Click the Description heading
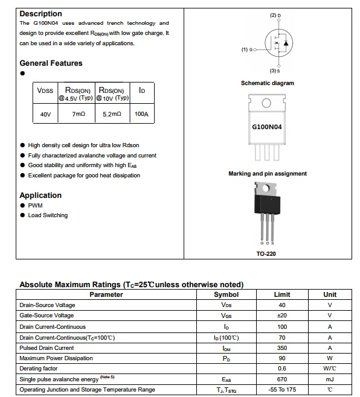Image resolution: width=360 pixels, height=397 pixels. [x=40, y=13]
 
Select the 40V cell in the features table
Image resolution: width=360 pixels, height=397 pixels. [x=45, y=113]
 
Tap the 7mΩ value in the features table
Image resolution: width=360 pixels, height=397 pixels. [x=79, y=113]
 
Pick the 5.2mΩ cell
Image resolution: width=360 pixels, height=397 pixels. [x=112, y=113]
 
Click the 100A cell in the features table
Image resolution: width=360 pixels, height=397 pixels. [x=141, y=113]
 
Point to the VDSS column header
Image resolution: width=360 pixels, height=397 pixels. [x=45, y=91]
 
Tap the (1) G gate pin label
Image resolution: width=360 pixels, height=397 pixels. [x=248, y=49]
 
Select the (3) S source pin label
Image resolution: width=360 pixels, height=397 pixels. [x=275, y=71]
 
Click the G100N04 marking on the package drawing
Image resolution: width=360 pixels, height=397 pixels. [x=266, y=127]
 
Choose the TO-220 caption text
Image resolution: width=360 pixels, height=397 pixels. [x=266, y=254]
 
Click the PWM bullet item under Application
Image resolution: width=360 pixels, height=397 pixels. [x=35, y=205]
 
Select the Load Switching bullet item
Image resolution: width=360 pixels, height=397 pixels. [x=48, y=215]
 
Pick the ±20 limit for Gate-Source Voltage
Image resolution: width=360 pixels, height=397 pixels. [x=282, y=316]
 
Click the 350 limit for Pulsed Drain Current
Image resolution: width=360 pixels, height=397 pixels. [x=282, y=348]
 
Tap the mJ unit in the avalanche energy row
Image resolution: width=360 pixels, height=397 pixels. [x=330, y=380]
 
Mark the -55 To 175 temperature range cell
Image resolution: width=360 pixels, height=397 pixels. [x=282, y=390]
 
